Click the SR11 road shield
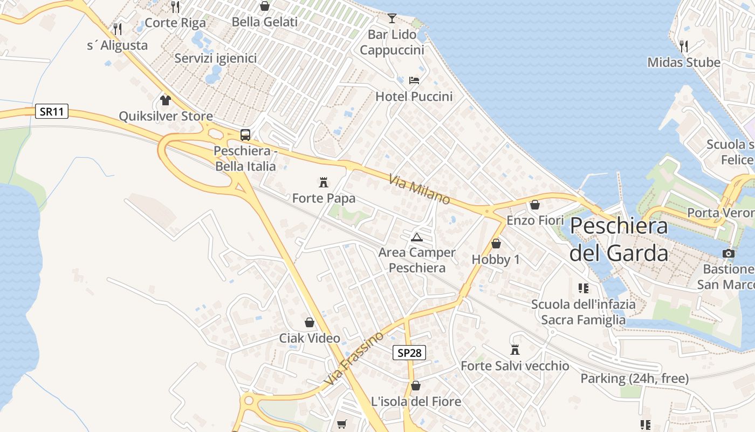[52, 112]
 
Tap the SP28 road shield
[409, 353]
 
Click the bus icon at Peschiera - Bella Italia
[245, 135]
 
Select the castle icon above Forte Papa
[324, 182]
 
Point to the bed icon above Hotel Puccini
[414, 80]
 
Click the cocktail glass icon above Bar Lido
[392, 18]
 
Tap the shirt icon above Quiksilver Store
[166, 100]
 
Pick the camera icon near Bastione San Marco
[729, 253]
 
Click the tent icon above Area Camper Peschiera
[416, 237]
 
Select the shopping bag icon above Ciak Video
[310, 322]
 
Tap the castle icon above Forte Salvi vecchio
[515, 350]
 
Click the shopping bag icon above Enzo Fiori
[535, 205]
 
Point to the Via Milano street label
[420, 189]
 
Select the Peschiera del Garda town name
[619, 239]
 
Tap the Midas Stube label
[684, 63]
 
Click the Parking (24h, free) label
[634, 379]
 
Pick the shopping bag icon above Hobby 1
[496, 244]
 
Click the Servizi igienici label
[216, 58]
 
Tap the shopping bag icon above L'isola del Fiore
[416, 386]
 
